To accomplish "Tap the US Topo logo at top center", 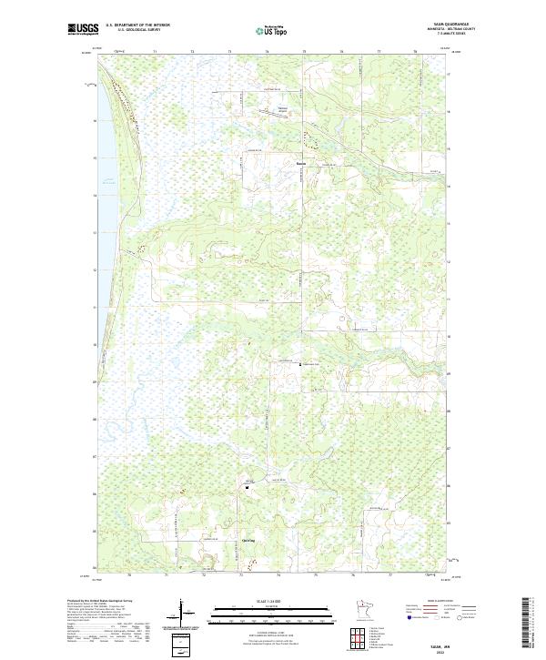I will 274,30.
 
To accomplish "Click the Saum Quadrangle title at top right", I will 457,25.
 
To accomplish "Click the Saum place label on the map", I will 300,164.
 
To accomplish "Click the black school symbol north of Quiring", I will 247,487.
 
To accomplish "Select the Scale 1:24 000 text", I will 273,600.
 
